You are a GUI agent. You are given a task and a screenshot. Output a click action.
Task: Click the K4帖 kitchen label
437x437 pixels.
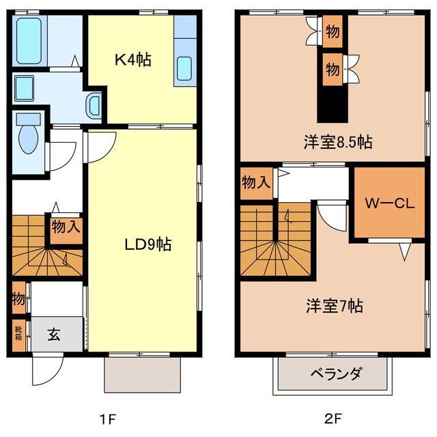click(132, 60)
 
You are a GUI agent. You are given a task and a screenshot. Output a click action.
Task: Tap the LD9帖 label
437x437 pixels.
click(147, 244)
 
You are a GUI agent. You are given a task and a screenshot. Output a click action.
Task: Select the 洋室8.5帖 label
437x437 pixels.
click(338, 143)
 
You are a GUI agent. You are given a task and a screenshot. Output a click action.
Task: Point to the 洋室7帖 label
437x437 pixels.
click(333, 305)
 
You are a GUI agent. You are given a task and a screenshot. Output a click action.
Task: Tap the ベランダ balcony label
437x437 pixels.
click(335, 374)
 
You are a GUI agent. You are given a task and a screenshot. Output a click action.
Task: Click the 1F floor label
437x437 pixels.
click(113, 417)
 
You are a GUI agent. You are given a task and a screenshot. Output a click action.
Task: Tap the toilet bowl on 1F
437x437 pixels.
click(28, 137)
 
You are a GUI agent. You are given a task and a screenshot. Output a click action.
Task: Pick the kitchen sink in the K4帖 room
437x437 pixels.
click(186, 69)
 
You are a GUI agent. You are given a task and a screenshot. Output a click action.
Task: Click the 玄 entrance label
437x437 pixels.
click(55, 334)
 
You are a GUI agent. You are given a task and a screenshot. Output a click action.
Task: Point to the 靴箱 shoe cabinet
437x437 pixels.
click(18, 334)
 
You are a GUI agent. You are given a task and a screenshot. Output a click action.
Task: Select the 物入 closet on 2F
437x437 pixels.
click(256, 183)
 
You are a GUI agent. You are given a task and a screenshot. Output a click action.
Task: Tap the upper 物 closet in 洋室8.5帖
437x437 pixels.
click(332, 31)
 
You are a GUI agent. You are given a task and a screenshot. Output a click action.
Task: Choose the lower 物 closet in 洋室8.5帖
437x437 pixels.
click(332, 69)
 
